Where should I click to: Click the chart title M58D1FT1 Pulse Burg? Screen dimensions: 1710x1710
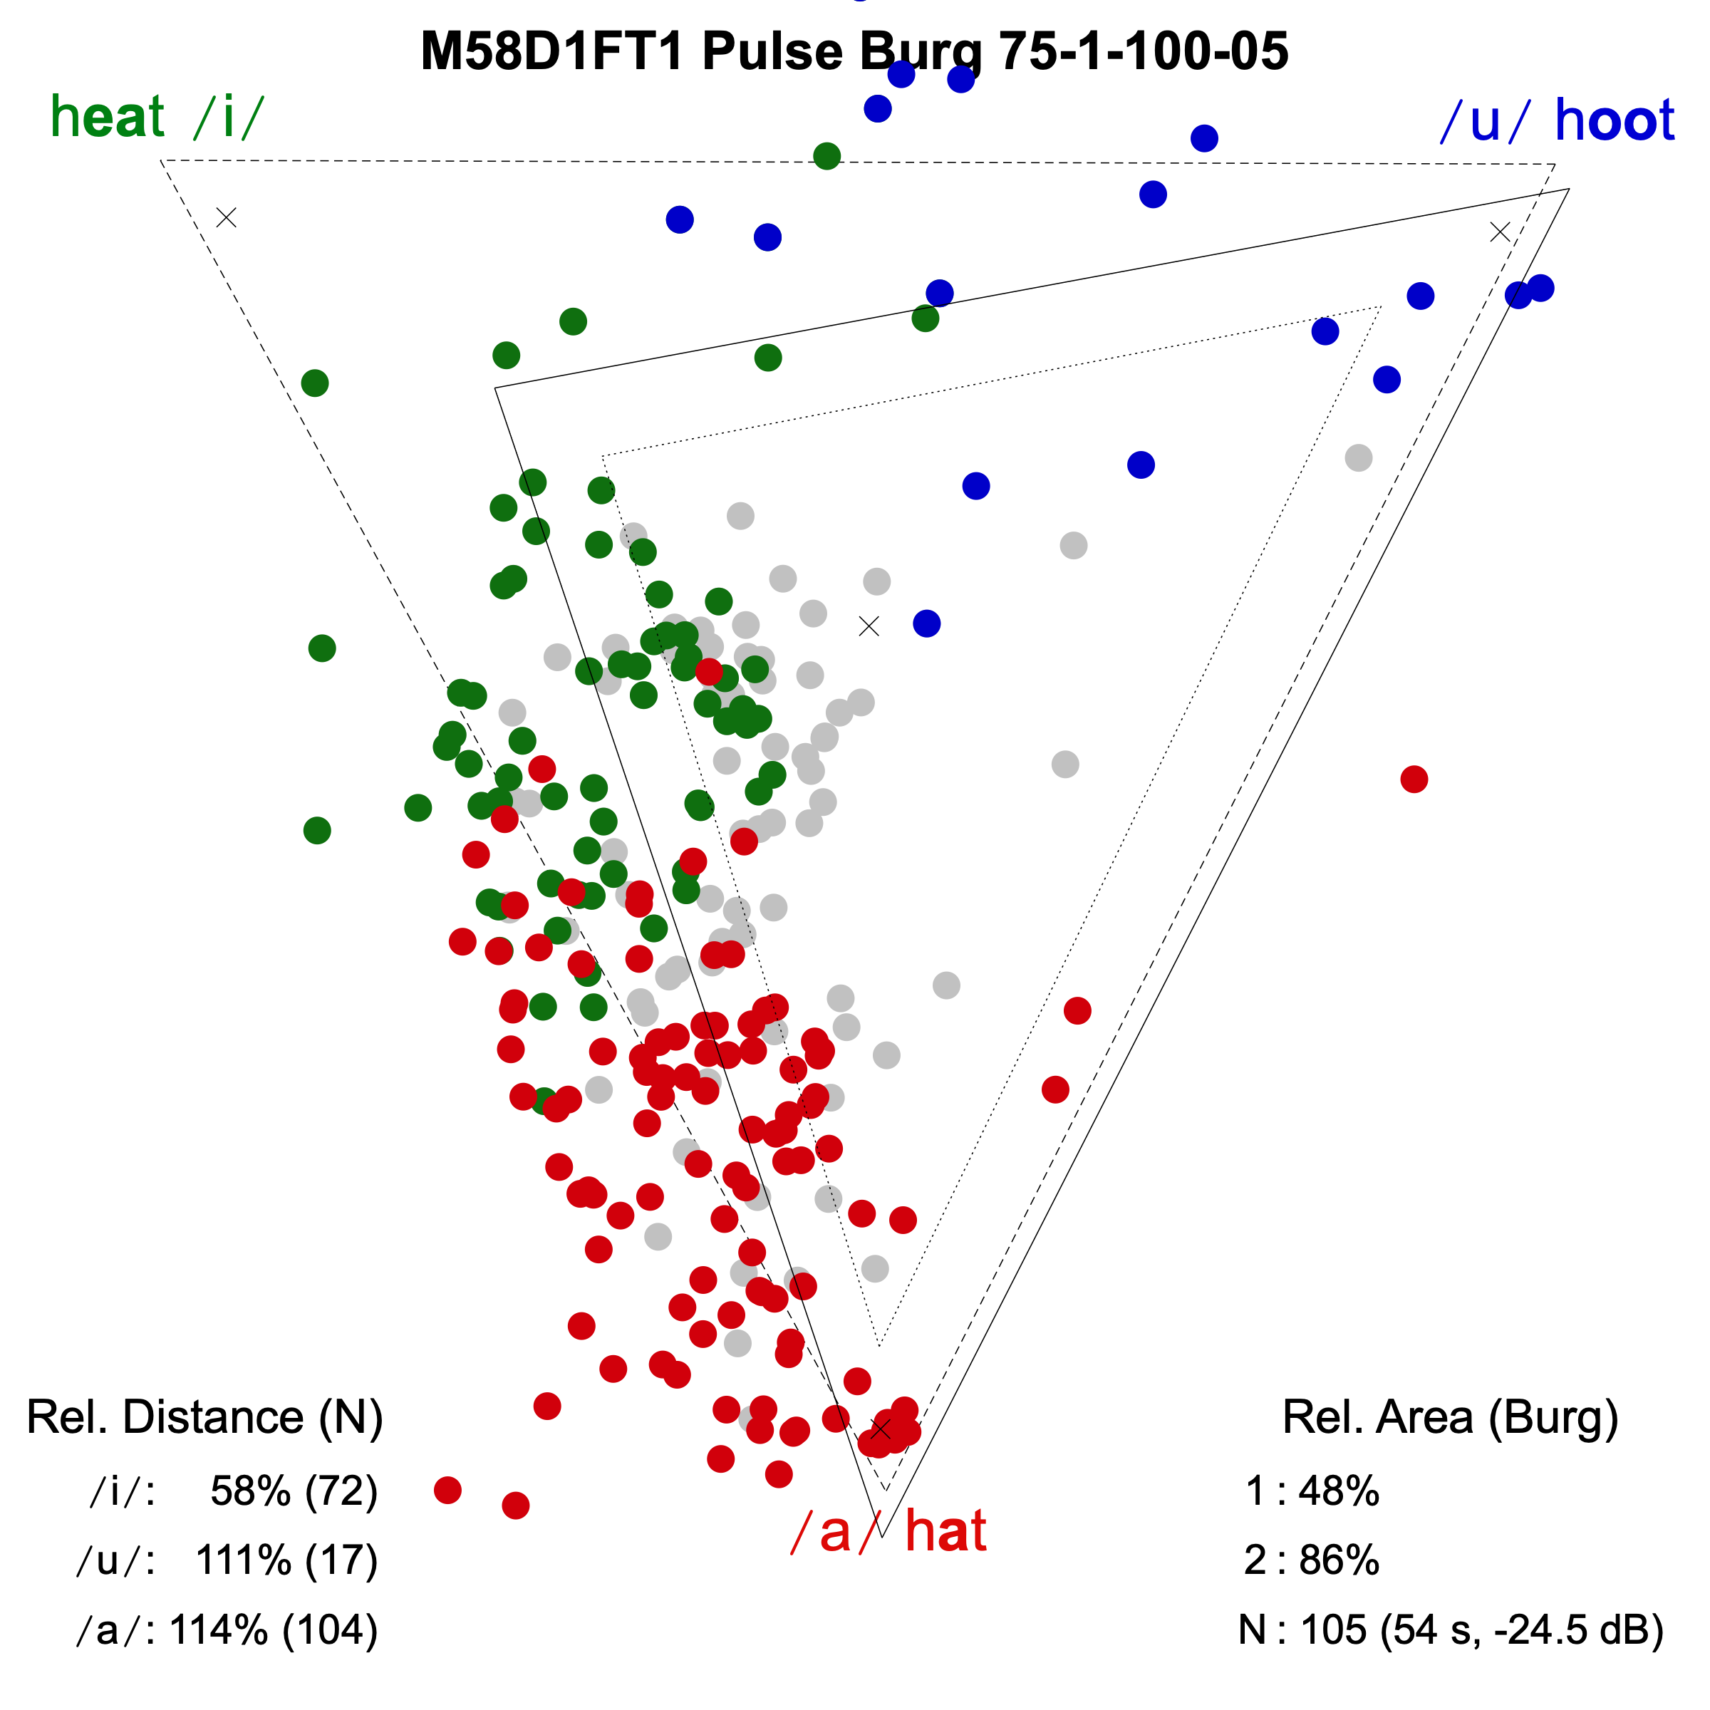(854, 51)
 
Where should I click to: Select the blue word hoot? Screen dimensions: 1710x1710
(1614, 120)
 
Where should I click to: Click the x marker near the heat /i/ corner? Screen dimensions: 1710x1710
(227, 218)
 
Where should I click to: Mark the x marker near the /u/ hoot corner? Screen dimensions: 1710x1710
(1499, 232)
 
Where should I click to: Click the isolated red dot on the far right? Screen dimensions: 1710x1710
(1414, 779)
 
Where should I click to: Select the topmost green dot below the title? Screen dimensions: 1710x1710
(826, 157)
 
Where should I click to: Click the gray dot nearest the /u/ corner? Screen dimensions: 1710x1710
(1359, 458)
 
